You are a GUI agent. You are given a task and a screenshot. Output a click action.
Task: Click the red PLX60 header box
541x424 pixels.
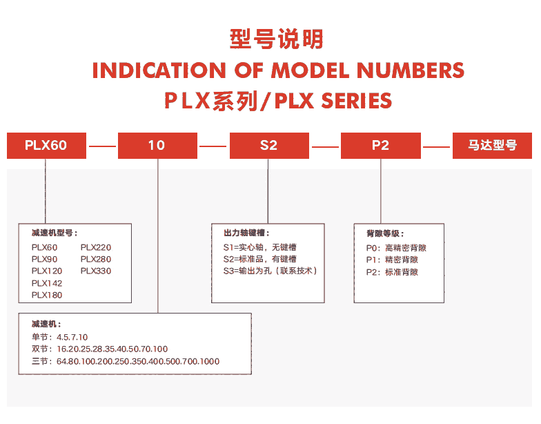pyautogui.click(x=47, y=145)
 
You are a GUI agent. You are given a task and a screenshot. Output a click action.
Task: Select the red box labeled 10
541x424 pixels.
pyautogui.click(x=157, y=145)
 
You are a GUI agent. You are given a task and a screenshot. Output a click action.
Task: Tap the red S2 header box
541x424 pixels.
pyautogui.click(x=269, y=145)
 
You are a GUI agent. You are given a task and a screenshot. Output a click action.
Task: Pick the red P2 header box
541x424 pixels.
pyautogui.click(x=381, y=145)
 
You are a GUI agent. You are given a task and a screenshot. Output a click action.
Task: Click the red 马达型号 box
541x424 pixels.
pyautogui.click(x=493, y=145)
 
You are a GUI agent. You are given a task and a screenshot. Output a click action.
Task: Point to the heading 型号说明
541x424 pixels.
pyautogui.click(x=276, y=39)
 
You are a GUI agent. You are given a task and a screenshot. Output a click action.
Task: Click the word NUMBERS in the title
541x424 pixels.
pyautogui.click(x=411, y=70)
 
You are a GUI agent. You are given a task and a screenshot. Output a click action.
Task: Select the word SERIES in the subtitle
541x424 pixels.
pyautogui.click(x=357, y=101)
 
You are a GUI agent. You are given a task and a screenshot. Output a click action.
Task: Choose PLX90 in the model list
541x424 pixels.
pyautogui.click(x=44, y=260)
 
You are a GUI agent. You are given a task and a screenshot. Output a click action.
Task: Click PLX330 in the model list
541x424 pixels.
pyautogui.click(x=96, y=271)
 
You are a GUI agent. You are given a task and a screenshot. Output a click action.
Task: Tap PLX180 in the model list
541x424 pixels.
pyautogui.click(x=47, y=296)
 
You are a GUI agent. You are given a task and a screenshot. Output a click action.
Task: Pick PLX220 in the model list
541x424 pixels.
pyautogui.click(x=96, y=247)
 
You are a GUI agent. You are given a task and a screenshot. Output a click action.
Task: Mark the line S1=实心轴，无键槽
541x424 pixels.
pyautogui.click(x=259, y=247)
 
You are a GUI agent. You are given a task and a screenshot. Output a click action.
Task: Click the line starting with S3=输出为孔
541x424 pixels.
pyautogui.click(x=270, y=271)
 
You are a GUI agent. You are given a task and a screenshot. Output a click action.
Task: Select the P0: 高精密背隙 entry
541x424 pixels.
pyautogui.click(x=396, y=248)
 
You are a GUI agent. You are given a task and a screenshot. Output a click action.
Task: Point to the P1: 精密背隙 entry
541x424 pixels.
pyautogui.click(x=392, y=260)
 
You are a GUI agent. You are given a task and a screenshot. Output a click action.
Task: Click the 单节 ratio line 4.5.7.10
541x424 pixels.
pyautogui.click(x=59, y=337)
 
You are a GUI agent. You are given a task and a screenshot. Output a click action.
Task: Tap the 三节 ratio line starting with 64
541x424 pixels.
pyautogui.click(x=126, y=362)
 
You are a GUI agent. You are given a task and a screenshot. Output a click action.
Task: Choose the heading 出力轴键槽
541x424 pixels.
pyautogui.click(x=246, y=233)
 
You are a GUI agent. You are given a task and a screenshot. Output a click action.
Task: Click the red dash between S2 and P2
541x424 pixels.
pyautogui.click(x=325, y=146)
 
